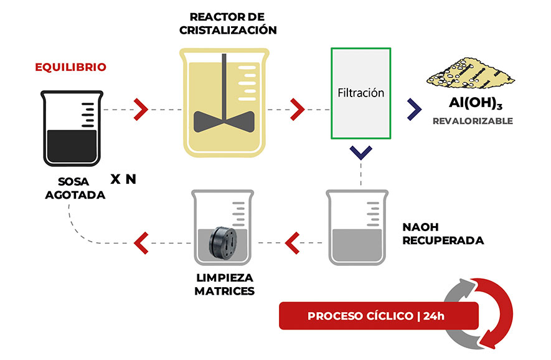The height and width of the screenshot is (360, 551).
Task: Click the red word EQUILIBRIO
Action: (x=70, y=67)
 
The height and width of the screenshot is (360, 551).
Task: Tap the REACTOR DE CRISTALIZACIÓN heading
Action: (x=227, y=24)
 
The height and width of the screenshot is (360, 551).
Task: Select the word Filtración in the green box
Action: (x=360, y=93)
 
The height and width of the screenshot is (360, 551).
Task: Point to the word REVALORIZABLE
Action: (x=473, y=121)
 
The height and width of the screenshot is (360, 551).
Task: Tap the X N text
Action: (x=123, y=179)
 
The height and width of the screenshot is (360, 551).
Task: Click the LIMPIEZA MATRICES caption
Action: (x=224, y=285)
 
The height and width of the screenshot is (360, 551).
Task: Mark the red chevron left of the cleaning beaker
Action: (x=141, y=239)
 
